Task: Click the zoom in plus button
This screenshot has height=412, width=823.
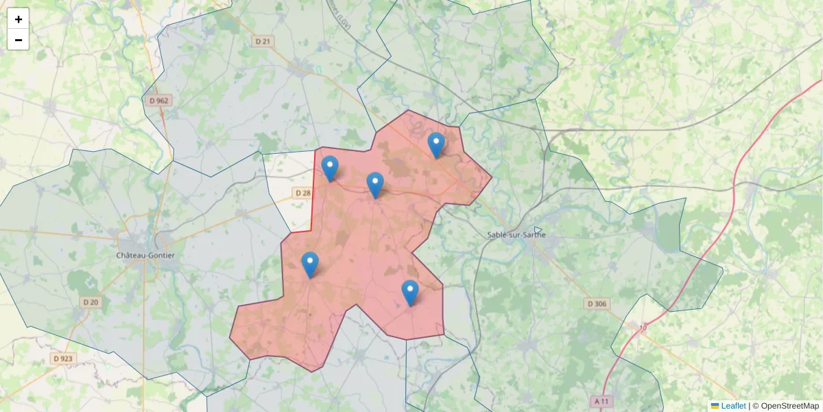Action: pos(19,19)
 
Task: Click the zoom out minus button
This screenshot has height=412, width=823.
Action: pos(19,40)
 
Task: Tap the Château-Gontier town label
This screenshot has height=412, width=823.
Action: pos(145,255)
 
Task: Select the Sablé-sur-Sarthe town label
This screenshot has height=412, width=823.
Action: pos(516,235)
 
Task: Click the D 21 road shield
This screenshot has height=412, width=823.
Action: pos(263,42)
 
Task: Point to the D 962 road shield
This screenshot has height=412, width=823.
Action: pos(158,101)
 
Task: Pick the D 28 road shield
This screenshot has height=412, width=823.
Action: pos(302,193)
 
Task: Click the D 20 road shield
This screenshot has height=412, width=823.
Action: pos(91,302)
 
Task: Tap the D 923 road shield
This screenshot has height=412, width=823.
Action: pos(62,358)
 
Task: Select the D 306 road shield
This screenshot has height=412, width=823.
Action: pos(597,304)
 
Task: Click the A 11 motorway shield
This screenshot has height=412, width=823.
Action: pos(601,400)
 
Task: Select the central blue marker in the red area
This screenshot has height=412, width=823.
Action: pos(375,184)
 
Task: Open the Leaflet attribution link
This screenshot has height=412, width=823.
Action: pos(733,406)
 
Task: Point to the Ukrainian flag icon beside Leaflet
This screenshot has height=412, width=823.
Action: pos(715,406)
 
